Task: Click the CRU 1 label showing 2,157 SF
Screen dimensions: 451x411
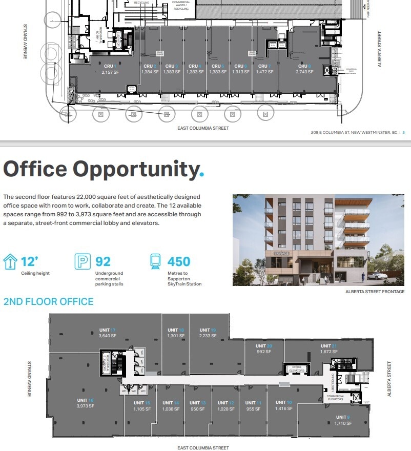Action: [110, 69]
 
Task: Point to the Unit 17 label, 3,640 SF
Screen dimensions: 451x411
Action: [108, 333]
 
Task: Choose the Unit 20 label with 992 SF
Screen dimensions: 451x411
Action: [264, 349]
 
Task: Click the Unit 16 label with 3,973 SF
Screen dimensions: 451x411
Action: [85, 403]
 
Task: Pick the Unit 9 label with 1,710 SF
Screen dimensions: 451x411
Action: [342, 420]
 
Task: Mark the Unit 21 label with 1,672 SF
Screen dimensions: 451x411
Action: [328, 349]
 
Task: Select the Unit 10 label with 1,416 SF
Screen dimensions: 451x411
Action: [283, 405]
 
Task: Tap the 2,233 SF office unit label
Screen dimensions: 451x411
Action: [208, 333]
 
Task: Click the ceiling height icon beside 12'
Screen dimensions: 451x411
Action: [10, 262]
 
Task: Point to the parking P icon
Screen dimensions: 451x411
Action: [83, 261]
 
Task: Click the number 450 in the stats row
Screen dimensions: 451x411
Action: [179, 261]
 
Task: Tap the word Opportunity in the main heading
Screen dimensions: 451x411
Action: [135, 169]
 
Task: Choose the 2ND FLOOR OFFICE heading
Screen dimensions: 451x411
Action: [49, 301]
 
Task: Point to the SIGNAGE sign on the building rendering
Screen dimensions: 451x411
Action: [281, 253]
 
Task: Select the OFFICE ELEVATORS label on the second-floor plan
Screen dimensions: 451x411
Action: [297, 369]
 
